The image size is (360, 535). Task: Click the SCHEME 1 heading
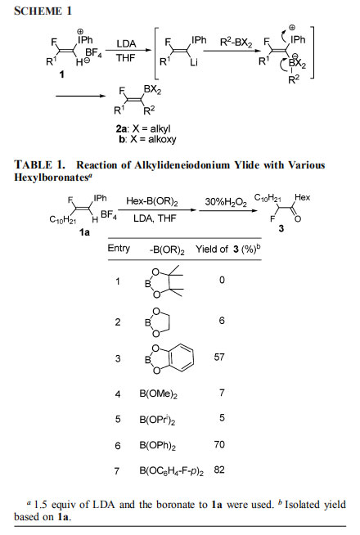pos(43,11)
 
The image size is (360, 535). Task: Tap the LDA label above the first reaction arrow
pos(126,43)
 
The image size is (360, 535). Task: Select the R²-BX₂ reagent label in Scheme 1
pos(236,43)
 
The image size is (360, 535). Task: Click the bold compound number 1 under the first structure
pos(61,74)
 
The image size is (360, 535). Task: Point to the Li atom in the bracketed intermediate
pos(194,62)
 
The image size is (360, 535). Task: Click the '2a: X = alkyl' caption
pos(143,129)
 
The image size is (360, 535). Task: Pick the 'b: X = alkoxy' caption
pos(148,140)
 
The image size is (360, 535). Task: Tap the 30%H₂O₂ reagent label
pos(226,202)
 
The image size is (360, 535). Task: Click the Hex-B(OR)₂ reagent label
pos(152,201)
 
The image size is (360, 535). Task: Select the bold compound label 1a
pos(84,232)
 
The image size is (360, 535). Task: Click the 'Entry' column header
pos(119,249)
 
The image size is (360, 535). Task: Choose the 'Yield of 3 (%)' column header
pos(228,249)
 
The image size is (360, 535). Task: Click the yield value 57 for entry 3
pos(219,357)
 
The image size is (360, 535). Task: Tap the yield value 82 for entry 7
pos(219,470)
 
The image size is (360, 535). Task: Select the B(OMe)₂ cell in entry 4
pos(159,394)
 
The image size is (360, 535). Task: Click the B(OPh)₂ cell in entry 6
pos(158,446)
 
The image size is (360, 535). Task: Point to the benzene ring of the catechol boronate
pos(181,357)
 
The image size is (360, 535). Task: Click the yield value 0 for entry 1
pos(223,280)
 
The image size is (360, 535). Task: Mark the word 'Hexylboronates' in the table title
pos(50,178)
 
